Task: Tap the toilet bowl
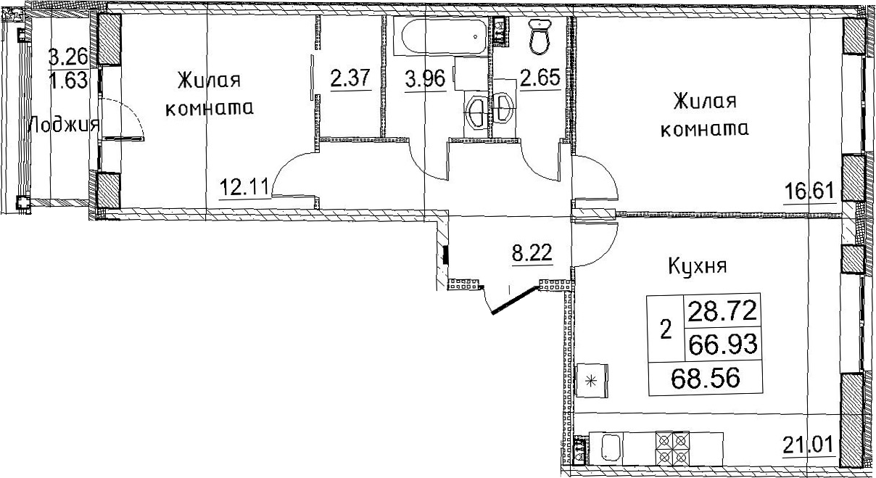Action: [x=540, y=36]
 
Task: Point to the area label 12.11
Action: [x=245, y=186]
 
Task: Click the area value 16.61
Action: [x=809, y=191]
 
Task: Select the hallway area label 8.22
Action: [x=532, y=252]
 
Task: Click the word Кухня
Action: [x=698, y=267]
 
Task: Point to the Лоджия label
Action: [x=65, y=125]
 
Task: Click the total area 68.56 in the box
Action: [x=706, y=378]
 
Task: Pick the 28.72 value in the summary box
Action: [x=722, y=312]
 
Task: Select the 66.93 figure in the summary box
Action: [x=723, y=345]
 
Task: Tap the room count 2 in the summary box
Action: [x=666, y=330]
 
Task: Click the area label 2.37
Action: [x=350, y=78]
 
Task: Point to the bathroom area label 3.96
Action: [x=426, y=79]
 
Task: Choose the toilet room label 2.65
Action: [x=540, y=78]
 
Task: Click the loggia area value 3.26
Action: [x=67, y=58]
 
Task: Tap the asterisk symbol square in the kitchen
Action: [x=592, y=381]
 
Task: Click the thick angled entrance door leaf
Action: [x=516, y=300]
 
